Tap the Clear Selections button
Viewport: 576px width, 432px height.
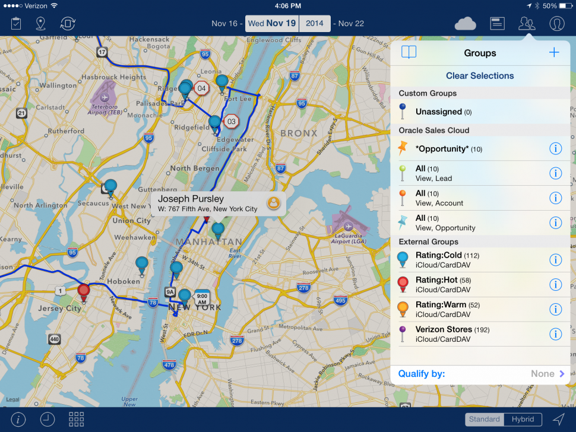480,76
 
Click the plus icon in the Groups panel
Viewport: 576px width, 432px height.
554,53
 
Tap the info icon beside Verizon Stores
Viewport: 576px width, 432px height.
555,334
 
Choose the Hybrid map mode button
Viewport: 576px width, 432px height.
523,419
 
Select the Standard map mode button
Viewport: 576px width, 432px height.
484,419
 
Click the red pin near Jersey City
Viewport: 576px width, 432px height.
84,291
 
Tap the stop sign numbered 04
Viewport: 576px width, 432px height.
202,88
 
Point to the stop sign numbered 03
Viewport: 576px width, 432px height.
231,122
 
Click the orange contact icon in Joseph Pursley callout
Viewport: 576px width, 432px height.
273,203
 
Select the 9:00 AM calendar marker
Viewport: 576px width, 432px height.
202,297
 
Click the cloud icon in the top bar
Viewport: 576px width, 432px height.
465,24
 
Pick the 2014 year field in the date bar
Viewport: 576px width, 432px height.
315,24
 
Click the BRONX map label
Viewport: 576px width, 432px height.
299,134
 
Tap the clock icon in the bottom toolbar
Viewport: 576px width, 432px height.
48,420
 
